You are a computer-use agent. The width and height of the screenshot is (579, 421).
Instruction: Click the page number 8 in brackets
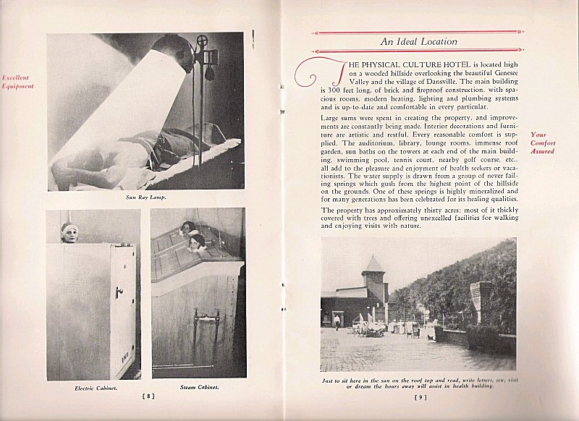(x=146, y=396)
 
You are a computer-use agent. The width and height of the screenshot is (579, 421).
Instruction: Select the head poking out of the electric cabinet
(x=69, y=232)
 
